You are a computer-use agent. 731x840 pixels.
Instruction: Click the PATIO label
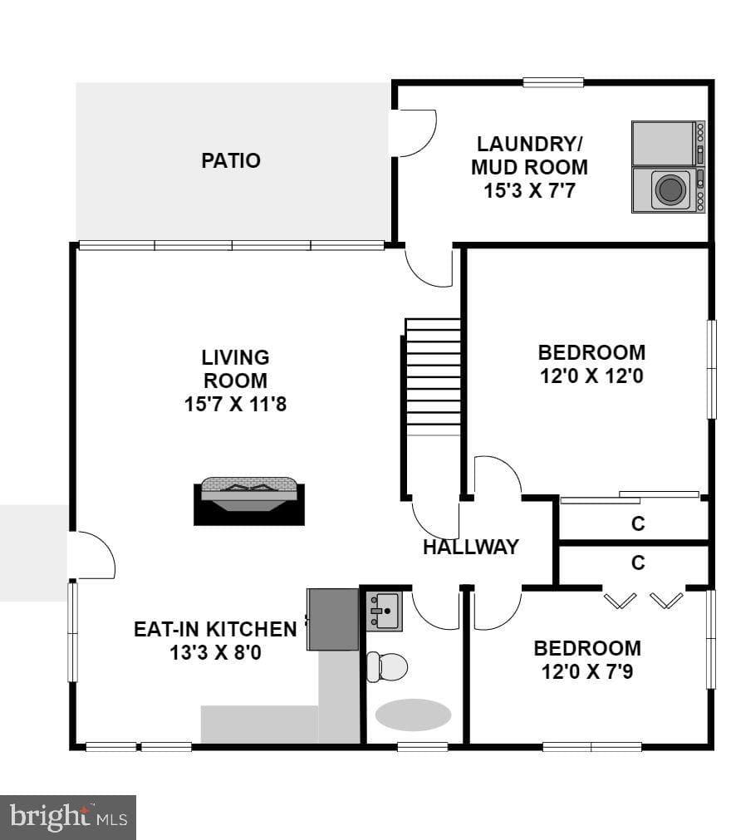(231, 160)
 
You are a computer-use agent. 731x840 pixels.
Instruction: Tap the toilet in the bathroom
(387, 667)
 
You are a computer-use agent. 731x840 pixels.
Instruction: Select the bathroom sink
(384, 612)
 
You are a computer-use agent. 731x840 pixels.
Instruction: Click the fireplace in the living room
(249, 501)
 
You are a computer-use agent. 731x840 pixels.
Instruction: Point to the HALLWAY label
(471, 547)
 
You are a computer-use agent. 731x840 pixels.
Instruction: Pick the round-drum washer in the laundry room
(669, 189)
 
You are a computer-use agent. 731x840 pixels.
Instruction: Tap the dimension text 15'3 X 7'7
(529, 191)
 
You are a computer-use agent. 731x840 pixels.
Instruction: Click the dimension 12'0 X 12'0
(591, 376)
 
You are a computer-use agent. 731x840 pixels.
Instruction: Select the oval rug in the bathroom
(413, 715)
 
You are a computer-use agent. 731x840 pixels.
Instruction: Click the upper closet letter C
(638, 523)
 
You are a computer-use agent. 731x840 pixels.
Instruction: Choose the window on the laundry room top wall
(553, 82)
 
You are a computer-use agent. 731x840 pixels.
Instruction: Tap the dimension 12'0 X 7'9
(587, 672)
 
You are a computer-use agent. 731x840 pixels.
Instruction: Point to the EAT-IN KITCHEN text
(215, 630)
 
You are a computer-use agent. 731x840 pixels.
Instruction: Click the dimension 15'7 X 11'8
(235, 404)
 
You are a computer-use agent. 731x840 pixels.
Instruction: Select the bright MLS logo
(68, 818)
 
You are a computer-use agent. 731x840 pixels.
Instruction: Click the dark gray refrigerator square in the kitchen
(332, 619)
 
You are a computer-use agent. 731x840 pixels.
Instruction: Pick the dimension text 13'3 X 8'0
(215, 653)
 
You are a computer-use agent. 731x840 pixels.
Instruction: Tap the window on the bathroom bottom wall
(423, 746)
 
